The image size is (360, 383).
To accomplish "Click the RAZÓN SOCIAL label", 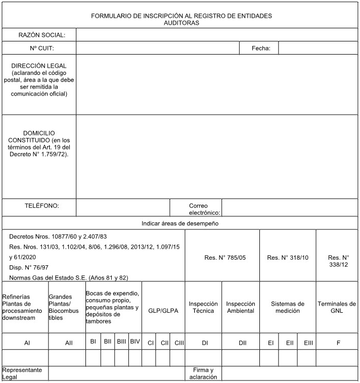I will click(42, 35).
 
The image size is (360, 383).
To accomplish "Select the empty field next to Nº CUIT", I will click(157, 49).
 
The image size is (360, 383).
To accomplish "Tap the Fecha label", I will click(261, 49).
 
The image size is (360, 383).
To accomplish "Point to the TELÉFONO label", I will click(42, 206).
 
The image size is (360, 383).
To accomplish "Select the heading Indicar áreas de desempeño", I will click(179, 223).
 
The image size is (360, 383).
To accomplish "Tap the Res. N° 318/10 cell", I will click(287, 258).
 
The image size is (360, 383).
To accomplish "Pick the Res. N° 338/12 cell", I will click(338, 261).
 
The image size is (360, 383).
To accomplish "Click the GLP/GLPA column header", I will click(163, 311).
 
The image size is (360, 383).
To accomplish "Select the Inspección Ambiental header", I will click(240, 307).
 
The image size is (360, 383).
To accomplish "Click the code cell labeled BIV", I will click(135, 342).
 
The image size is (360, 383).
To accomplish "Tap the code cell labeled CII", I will click(165, 343).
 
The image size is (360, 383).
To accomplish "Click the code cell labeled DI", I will click(205, 343).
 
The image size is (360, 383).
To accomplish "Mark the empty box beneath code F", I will click(338, 357).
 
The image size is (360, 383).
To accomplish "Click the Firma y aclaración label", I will click(204, 373).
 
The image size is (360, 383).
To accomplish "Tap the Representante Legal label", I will click(24, 373).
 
